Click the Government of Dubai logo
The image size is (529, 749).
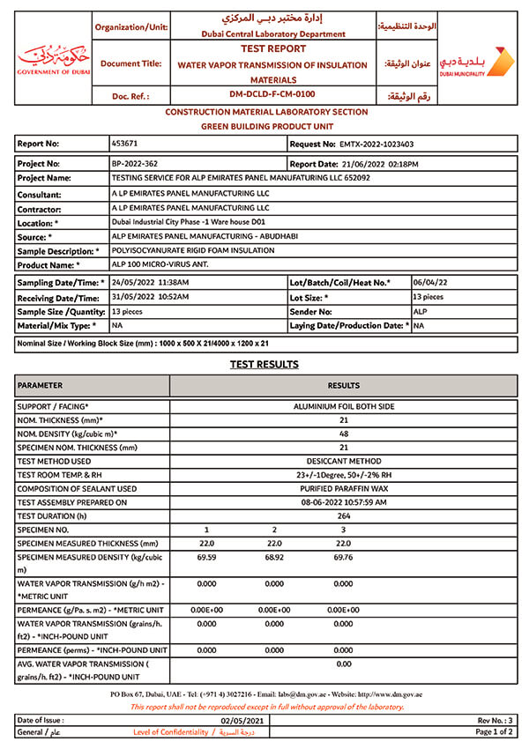(53, 60)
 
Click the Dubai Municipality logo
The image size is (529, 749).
(476, 62)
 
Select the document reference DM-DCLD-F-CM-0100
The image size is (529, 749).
(272, 93)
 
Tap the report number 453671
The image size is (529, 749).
(124, 143)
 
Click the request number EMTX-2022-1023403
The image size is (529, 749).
(376, 144)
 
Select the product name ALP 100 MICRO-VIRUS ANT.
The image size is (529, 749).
(149, 264)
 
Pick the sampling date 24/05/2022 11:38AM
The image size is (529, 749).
(150, 282)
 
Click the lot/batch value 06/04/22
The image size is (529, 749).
(429, 282)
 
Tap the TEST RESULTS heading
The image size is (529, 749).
(264, 364)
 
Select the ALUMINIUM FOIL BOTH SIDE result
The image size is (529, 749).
(344, 407)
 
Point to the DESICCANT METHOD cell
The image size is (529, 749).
(344, 461)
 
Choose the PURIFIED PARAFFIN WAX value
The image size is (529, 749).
(344, 488)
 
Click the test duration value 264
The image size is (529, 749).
(344, 515)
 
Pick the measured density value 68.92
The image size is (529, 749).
(274, 559)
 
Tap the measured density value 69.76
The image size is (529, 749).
(343, 559)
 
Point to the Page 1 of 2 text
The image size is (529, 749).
(494, 732)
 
